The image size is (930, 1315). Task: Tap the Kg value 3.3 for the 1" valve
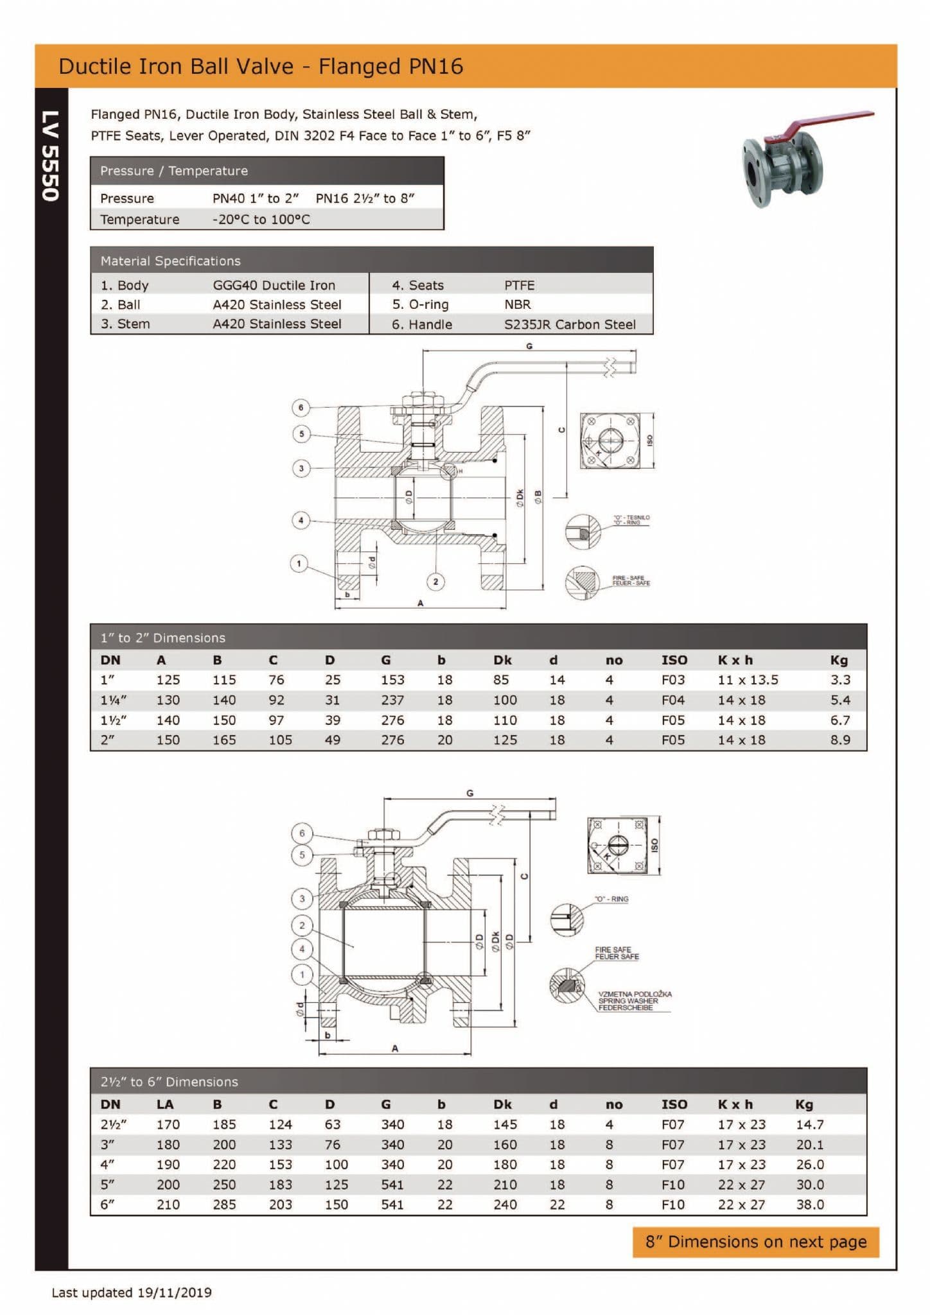839,679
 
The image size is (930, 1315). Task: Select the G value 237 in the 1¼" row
392,700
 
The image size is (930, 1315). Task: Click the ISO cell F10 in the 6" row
672,1205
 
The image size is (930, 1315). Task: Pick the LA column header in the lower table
164,1104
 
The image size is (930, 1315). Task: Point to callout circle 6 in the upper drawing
301,408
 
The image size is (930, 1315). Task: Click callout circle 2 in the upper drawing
435,582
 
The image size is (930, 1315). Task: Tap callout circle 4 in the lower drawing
302,949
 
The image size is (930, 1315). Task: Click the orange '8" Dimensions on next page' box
755,1242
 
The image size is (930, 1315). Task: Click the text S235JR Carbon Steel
570,324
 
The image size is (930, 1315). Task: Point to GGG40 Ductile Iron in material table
274,285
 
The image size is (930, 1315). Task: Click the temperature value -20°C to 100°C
261,220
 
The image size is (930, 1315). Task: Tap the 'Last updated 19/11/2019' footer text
132,1293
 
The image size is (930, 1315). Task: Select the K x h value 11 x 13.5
748,679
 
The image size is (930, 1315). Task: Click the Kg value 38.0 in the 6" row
809,1205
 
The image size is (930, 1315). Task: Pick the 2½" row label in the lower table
113,1124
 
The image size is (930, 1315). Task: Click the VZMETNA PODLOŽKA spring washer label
634,994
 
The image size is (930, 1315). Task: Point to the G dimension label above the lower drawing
469,794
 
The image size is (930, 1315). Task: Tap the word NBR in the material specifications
517,304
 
